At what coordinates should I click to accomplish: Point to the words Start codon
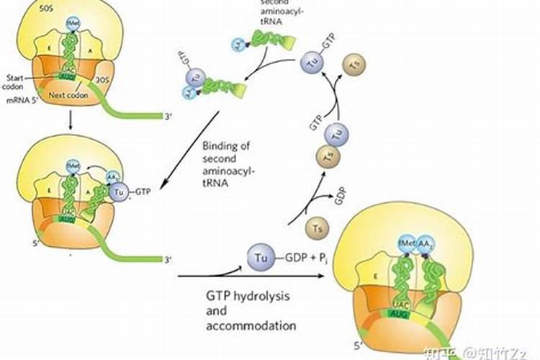coord(16,81)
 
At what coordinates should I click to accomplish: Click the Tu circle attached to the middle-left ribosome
coord(120,192)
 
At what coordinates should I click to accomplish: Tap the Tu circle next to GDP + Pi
coord(259,256)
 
